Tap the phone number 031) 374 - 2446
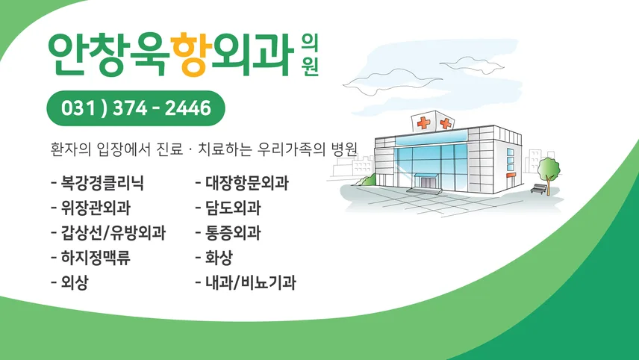tap(136, 108)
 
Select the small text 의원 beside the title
tap(310, 55)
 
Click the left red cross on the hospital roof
tap(424, 122)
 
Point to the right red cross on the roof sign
tap(446, 123)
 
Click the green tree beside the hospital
tap(549, 171)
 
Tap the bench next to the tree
tap(539, 189)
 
